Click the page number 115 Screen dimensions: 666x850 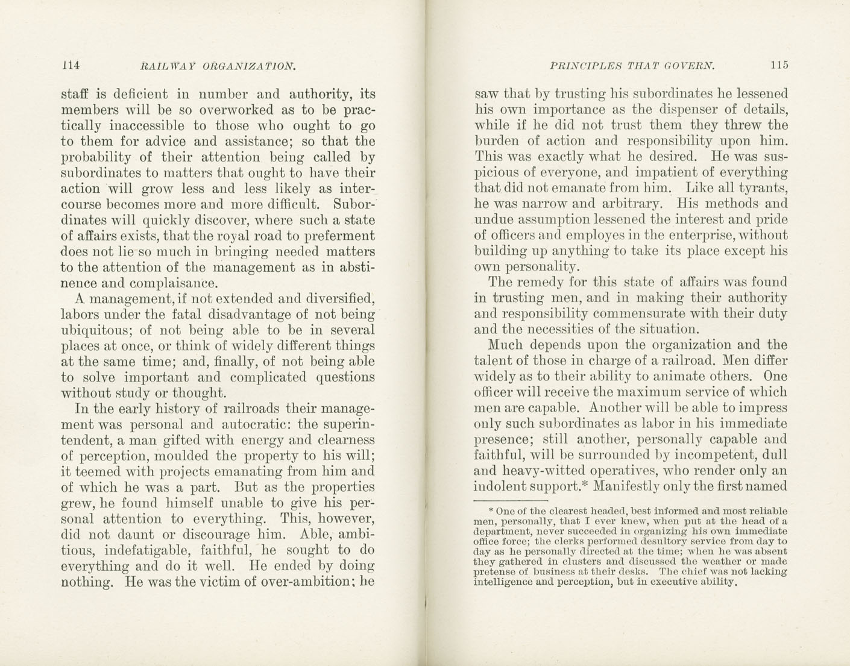coord(778,65)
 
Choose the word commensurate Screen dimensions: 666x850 coord(644,313)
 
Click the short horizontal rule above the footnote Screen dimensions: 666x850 coord(511,500)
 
